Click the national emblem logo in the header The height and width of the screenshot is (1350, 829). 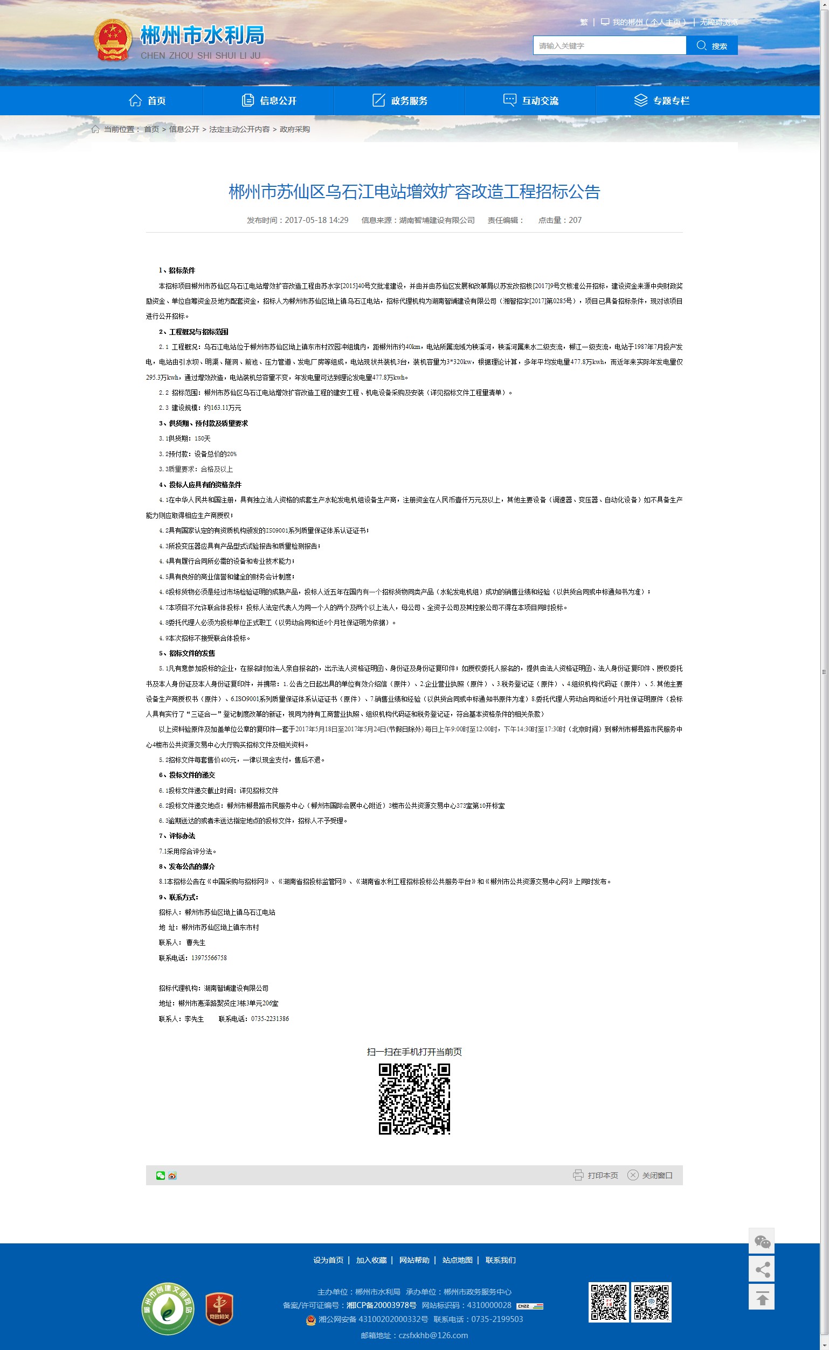tap(113, 40)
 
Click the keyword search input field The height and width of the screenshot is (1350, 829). tap(609, 45)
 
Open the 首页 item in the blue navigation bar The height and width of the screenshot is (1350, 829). tap(148, 101)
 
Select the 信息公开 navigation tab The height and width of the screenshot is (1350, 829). tap(269, 101)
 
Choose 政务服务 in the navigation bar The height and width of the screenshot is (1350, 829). tap(400, 101)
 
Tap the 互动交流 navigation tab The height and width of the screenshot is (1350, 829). tap(531, 101)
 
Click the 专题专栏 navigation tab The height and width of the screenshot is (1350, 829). tap(662, 101)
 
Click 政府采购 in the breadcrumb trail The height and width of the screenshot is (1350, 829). tap(295, 129)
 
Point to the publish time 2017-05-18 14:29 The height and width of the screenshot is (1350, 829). tap(316, 220)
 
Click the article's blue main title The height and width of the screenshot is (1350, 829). tap(414, 192)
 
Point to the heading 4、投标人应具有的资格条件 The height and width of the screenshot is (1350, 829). tap(200, 485)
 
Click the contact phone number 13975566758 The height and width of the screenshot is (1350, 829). tap(209, 958)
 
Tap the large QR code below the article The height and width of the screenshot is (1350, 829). tap(414, 1099)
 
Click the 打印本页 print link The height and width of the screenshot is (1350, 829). tap(596, 1175)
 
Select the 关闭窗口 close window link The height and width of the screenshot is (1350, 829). tap(650, 1175)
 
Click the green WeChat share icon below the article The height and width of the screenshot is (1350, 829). tap(160, 1175)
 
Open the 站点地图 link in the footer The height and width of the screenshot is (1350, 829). tap(457, 1260)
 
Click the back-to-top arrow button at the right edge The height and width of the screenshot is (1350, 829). tap(762, 1298)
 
